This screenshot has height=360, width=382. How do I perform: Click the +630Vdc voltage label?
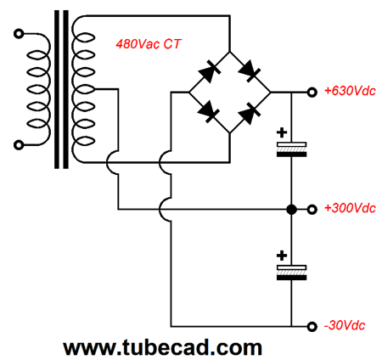click(x=350, y=91)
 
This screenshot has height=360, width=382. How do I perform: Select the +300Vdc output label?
click(x=350, y=208)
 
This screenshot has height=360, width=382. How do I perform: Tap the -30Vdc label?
click(x=345, y=325)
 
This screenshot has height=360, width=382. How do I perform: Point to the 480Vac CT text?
click(x=148, y=44)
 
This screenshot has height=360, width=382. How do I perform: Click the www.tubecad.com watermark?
click(x=163, y=347)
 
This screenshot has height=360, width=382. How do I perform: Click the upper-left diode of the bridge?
click(x=210, y=71)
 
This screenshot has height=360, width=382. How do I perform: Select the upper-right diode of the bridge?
click(x=250, y=71)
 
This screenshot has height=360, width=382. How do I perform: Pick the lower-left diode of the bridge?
click(x=209, y=111)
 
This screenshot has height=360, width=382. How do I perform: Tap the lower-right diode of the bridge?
click(x=250, y=113)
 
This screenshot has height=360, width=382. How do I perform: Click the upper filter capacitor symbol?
click(x=291, y=149)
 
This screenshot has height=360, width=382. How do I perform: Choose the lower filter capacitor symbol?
click(x=291, y=273)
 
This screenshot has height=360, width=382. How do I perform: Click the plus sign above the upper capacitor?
click(x=282, y=132)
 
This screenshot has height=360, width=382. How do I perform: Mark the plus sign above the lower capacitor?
click(x=282, y=256)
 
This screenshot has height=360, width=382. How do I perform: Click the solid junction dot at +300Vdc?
click(x=291, y=210)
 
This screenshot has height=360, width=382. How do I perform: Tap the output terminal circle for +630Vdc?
click(x=312, y=93)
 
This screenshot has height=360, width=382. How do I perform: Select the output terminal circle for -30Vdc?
click(x=312, y=327)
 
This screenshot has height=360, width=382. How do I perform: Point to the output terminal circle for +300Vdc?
click(x=312, y=210)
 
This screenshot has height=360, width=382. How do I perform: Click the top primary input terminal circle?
click(x=19, y=34)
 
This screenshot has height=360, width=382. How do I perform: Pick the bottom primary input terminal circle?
click(x=19, y=145)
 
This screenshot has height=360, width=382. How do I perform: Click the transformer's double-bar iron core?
click(x=61, y=89)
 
